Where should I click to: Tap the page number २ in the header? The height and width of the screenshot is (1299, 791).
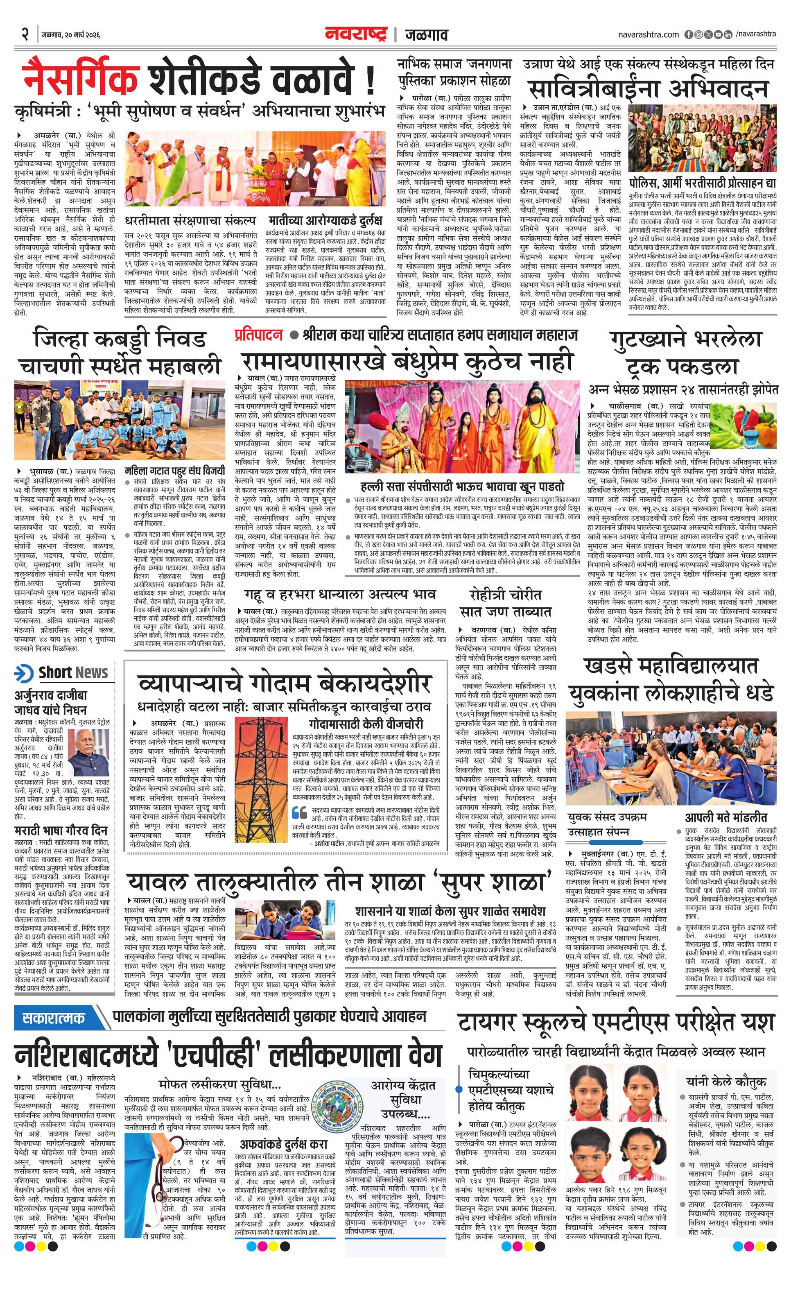25,35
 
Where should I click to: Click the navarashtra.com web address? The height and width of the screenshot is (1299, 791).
648,35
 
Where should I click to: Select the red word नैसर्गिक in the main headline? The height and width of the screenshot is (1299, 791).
81,79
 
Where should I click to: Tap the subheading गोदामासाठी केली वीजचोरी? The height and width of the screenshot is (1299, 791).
365,724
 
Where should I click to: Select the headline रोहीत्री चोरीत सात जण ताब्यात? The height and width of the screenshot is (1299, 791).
505,603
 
